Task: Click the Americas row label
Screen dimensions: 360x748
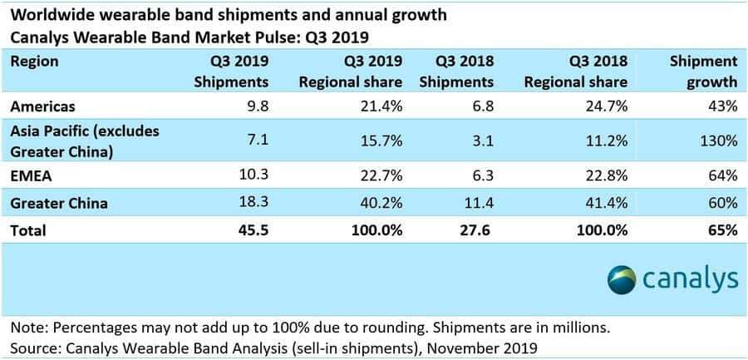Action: (42, 106)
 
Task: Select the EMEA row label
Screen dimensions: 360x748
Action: (29, 174)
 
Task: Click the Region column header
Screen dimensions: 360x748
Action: (35, 62)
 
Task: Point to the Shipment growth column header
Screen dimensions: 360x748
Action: (703, 72)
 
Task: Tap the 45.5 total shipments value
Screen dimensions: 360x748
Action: (253, 230)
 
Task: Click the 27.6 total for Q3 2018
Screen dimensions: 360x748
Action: (480, 230)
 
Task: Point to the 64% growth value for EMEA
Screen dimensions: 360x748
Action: (723, 174)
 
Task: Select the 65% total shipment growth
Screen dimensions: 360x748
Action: (723, 230)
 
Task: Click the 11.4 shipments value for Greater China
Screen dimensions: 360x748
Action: (480, 203)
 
